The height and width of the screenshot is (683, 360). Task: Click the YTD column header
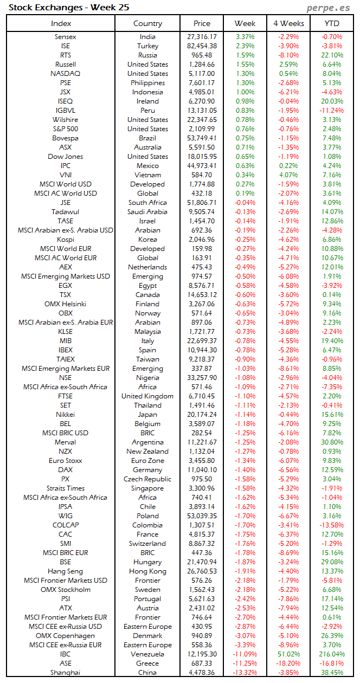(x=332, y=23)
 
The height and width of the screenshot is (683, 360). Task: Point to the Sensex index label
(x=66, y=37)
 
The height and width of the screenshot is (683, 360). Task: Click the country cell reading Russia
(x=147, y=55)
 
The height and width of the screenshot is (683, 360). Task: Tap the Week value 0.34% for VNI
(x=245, y=175)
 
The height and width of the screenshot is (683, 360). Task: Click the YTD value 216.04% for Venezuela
(x=332, y=654)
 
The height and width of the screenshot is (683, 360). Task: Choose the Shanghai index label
(x=66, y=673)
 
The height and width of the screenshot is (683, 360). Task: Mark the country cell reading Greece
(x=147, y=663)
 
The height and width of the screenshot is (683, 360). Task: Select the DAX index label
(x=66, y=470)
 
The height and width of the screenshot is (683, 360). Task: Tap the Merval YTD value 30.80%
(x=332, y=442)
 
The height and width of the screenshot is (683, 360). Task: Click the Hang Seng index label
(x=66, y=571)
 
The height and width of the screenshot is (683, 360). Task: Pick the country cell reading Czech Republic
(x=147, y=479)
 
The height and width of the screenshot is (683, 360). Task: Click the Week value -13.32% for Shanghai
(x=245, y=673)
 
